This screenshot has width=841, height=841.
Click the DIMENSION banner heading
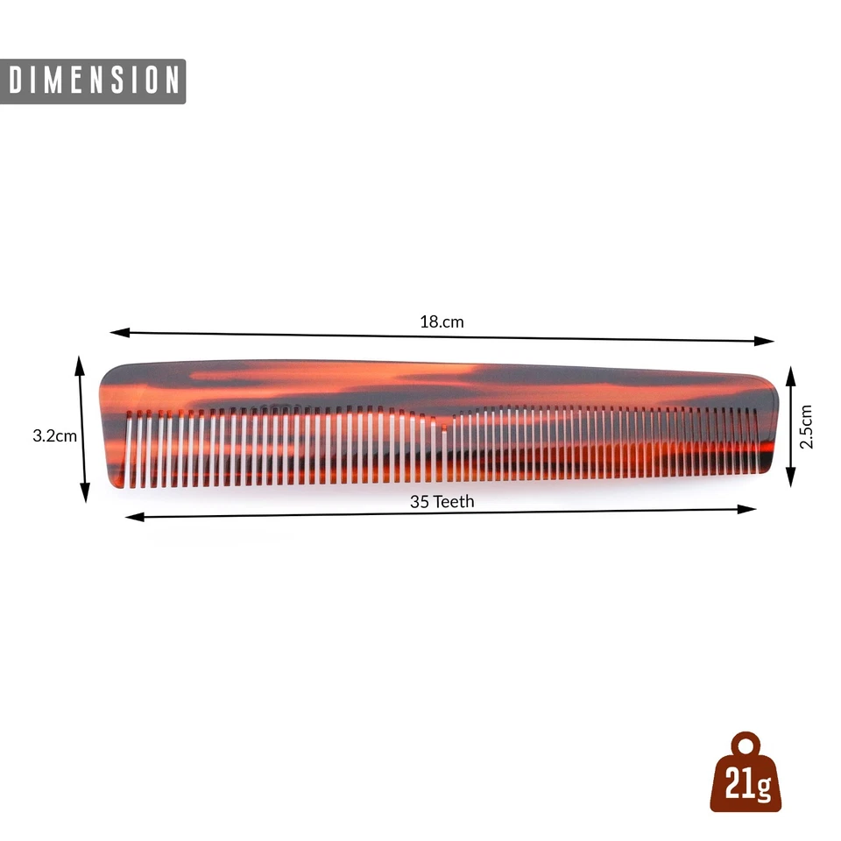click(x=93, y=81)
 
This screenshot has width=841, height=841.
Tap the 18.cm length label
click(x=442, y=322)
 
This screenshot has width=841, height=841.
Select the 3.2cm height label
click(x=54, y=435)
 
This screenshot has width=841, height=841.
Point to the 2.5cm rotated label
click(x=807, y=426)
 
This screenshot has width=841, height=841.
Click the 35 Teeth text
click(x=442, y=501)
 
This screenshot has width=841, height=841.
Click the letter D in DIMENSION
click(x=17, y=81)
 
